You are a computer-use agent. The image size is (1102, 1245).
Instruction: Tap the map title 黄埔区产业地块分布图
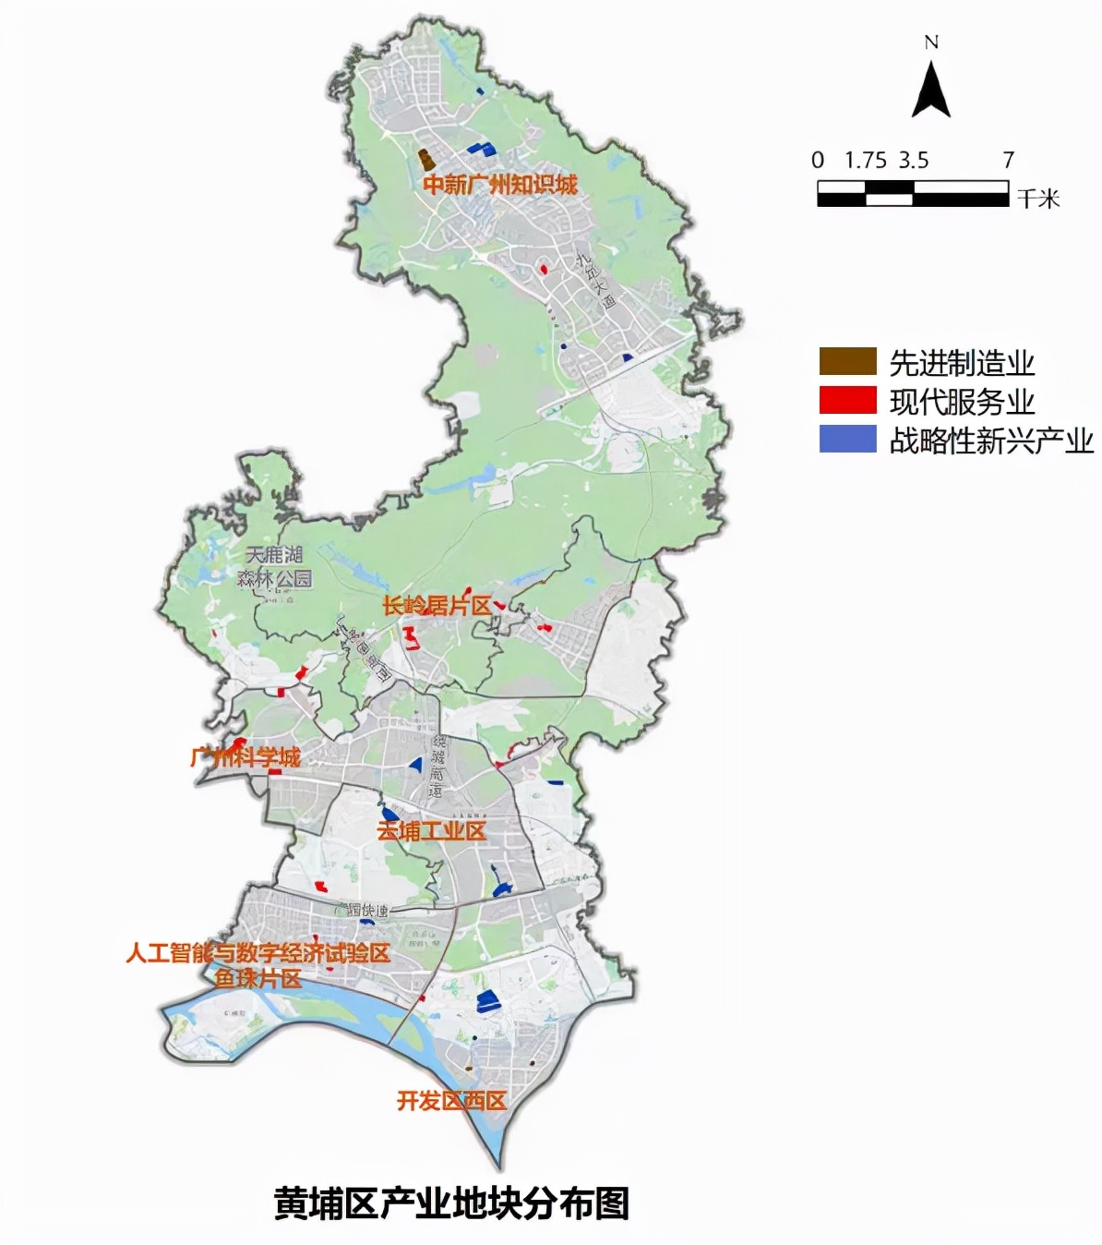pyautogui.click(x=452, y=1203)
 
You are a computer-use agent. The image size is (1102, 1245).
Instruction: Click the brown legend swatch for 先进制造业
pyautogui.click(x=847, y=361)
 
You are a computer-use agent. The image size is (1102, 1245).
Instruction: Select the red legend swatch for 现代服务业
pyautogui.click(x=847, y=400)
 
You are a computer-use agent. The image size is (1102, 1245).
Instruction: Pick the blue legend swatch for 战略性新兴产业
pyautogui.click(x=847, y=439)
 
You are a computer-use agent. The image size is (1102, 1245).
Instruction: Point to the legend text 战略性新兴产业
pyautogui.click(x=990, y=441)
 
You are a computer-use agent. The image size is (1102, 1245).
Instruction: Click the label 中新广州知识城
pyautogui.click(x=500, y=184)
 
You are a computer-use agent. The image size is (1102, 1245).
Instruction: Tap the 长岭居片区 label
pyautogui.click(x=437, y=606)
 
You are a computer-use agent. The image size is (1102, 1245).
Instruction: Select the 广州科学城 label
pyautogui.click(x=246, y=758)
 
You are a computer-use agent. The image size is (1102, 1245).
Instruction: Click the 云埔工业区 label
pyautogui.click(x=431, y=831)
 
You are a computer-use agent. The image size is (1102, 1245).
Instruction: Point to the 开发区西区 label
pyautogui.click(x=451, y=1101)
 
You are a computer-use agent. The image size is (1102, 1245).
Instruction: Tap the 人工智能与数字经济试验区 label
pyautogui.click(x=258, y=952)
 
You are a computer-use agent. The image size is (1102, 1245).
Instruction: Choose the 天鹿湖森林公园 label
pyautogui.click(x=274, y=567)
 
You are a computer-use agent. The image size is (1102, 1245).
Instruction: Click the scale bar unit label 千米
pyautogui.click(x=1038, y=199)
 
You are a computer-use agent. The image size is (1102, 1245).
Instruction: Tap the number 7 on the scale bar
pyautogui.click(x=1009, y=160)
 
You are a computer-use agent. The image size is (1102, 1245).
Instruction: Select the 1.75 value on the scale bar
pyautogui.click(x=865, y=160)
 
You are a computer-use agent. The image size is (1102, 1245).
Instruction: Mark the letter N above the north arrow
pyautogui.click(x=930, y=42)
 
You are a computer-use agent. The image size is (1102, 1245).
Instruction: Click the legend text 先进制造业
pyautogui.click(x=962, y=363)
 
